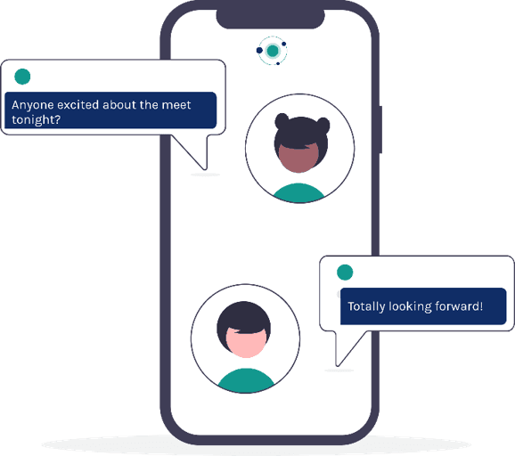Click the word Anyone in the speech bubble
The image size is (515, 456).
coord(32,105)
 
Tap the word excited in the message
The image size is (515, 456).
coord(78,105)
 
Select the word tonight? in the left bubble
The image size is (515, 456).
coord(37,120)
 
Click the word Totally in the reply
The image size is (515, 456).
coord(366,306)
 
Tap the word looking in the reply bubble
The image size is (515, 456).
coord(410,306)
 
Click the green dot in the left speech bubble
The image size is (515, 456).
coord(22,77)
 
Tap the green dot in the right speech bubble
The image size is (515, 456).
coord(345,273)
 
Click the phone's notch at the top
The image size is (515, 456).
coord(270,19)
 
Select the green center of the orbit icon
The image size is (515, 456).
coord(273,51)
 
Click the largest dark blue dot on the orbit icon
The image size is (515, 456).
coord(259,50)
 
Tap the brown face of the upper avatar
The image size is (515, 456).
coord(298,159)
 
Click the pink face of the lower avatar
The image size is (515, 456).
coord(245,342)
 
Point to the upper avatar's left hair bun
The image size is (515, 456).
coord(282,120)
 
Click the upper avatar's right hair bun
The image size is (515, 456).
coord(323,125)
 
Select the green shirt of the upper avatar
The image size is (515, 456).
coord(298,193)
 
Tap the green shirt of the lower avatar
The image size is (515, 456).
coord(246,381)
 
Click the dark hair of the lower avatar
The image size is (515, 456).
coord(244,318)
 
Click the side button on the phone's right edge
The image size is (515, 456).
coord(380,129)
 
